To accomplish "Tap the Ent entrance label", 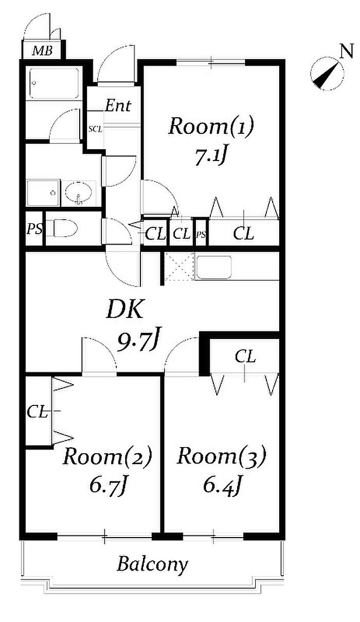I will pos(118,106).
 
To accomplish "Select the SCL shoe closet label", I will pos(95,129).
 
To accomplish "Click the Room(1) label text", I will pos(211,127).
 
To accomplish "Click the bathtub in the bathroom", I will pos(53,83).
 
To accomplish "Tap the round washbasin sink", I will pos(80,193).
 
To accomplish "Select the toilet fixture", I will pos(64,228).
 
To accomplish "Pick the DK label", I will pos(127,310).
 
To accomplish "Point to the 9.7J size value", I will pos(140,340).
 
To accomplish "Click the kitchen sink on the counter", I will pos(214,267).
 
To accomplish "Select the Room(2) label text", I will pos(107,456).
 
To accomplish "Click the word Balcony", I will pos(152,565).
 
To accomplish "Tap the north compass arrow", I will pos(326,76).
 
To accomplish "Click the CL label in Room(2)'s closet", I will pos(37,411).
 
